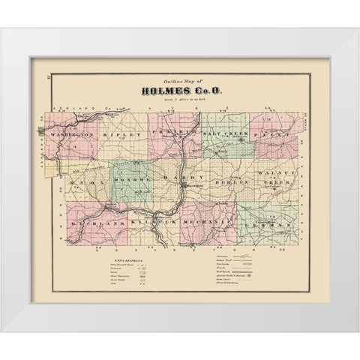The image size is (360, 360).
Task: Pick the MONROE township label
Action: [x=132, y=180]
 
